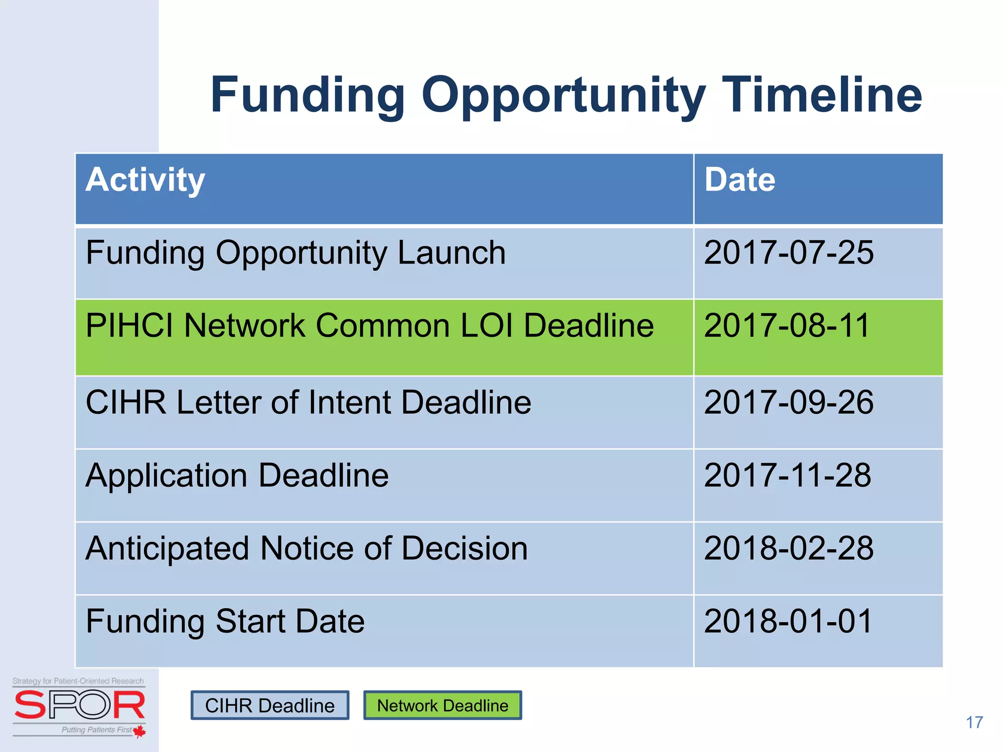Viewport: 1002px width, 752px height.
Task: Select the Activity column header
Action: (145, 180)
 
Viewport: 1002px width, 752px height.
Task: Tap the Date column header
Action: (739, 180)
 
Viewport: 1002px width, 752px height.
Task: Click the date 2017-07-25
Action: (788, 253)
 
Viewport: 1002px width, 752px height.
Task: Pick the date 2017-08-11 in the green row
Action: (786, 326)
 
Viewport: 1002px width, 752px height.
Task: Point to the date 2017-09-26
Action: (788, 402)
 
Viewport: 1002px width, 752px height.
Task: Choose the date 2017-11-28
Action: (787, 475)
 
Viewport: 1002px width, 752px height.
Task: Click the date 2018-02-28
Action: (788, 548)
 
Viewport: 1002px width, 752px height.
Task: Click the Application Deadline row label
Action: (237, 476)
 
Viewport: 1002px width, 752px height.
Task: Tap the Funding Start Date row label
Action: (225, 621)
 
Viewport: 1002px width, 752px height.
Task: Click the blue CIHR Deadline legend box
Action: (270, 705)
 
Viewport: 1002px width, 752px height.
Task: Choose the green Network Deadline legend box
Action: (442, 705)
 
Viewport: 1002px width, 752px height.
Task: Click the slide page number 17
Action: (974, 722)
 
